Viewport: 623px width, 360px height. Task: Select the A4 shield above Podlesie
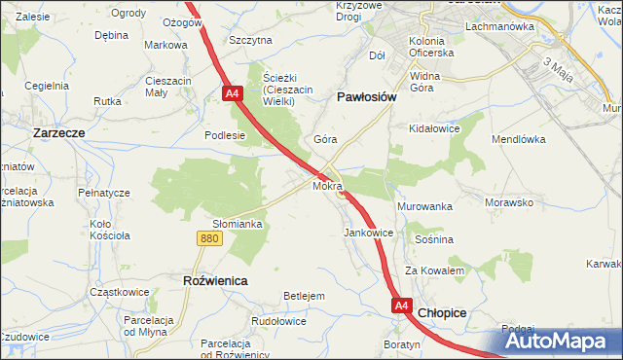point(232,93)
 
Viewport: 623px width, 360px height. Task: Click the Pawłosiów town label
point(365,97)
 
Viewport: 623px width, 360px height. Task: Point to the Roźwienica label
point(215,280)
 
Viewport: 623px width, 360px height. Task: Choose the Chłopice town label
point(442,312)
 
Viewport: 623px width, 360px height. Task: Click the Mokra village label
point(327,185)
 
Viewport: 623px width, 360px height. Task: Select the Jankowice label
point(369,234)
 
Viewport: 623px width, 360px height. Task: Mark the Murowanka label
point(425,207)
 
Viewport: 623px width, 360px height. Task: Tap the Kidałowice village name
point(434,128)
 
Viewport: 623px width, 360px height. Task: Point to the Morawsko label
point(509,203)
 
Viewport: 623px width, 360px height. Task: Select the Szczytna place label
point(250,40)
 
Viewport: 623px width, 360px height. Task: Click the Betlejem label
point(303,296)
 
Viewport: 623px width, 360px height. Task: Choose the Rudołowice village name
point(279,321)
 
